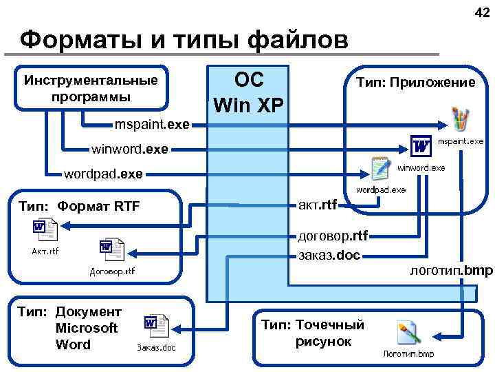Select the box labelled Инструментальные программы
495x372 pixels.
point(91,87)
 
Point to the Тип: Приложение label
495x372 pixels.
point(415,83)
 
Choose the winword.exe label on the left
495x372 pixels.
point(129,148)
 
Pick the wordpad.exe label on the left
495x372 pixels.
point(103,174)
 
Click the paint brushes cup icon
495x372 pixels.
point(459,119)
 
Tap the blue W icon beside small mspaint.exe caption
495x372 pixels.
point(421,145)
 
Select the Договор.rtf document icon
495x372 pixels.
point(111,249)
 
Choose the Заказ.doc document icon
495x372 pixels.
point(156,326)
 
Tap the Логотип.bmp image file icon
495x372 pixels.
point(408,334)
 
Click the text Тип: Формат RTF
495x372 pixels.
point(79,205)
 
